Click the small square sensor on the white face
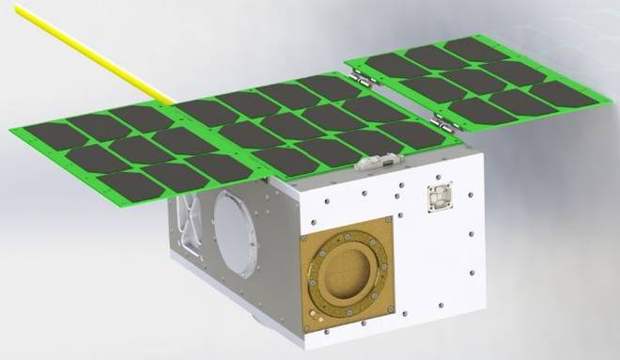point(438,197)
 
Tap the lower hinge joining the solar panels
point(440,120)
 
